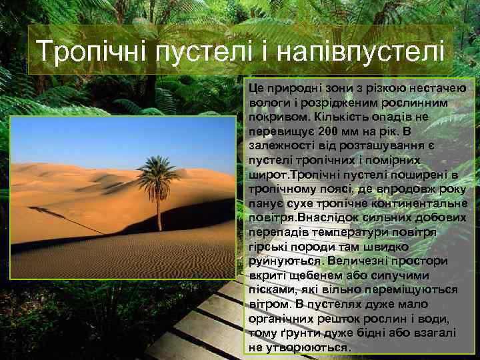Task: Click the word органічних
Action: coord(287,318)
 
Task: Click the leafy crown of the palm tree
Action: coord(159,169)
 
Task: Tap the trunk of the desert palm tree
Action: coord(158,210)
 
